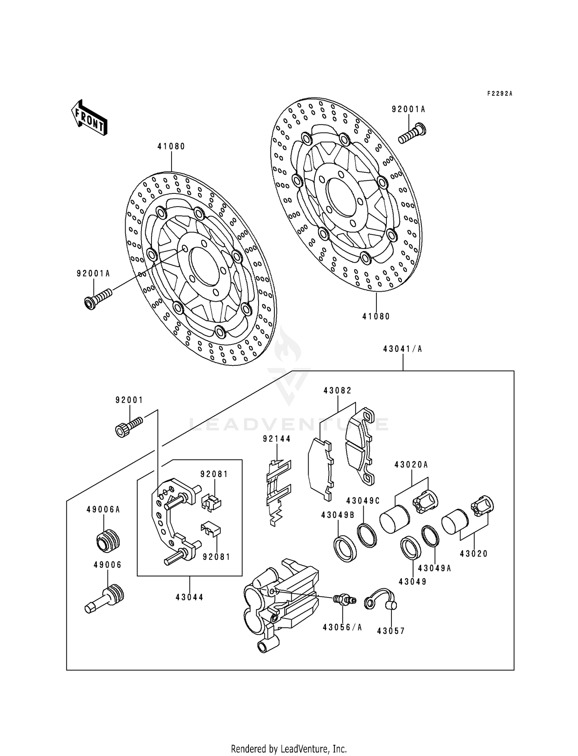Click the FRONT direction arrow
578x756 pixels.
pyautogui.click(x=89, y=118)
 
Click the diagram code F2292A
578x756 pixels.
pyautogui.click(x=499, y=94)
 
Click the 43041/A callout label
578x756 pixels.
pyautogui.click(x=403, y=349)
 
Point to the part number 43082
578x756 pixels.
pyautogui.click(x=338, y=390)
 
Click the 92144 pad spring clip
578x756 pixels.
pyautogui.click(x=278, y=491)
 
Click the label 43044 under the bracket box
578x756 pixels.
pyautogui.click(x=189, y=597)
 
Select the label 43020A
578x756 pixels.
pyautogui.click(x=411, y=465)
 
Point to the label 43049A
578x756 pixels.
pyautogui.click(x=435, y=568)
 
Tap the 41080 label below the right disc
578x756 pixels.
pyautogui.click(x=376, y=316)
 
